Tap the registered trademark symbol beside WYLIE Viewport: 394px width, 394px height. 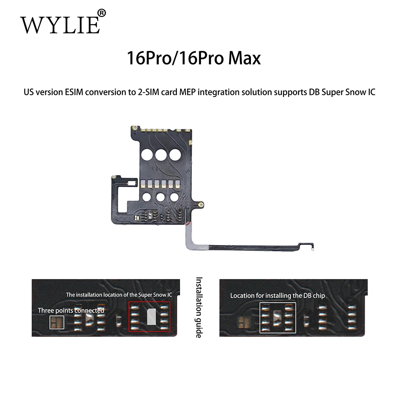pyautogui.click(x=102, y=13)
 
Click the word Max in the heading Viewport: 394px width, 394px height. pyautogui.click(x=245, y=58)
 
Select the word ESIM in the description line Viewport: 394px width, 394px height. pyautogui.click(x=74, y=92)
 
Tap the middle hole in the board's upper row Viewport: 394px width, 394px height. pyautogui.click(x=161, y=154)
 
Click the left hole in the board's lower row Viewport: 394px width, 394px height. pyautogui.click(x=147, y=197)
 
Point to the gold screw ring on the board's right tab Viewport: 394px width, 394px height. pyautogui.click(x=200, y=205)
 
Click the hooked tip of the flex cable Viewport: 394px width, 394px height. pyautogui.click(x=312, y=249)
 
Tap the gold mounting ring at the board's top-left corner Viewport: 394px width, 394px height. pyautogui.click(x=135, y=128)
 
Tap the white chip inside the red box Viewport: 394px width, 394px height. pyautogui.click(x=152, y=317)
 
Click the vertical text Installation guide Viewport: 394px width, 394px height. pyautogui.click(x=199, y=308)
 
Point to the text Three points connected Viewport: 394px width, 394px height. pyautogui.click(x=71, y=310)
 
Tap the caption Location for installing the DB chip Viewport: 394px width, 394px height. pyautogui.click(x=278, y=295)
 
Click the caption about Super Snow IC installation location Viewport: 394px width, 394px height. pyautogui.click(x=119, y=295)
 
